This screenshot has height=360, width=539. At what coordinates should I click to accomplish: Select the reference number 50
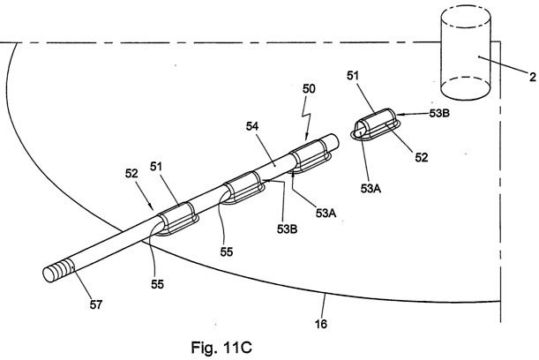pos(310,90)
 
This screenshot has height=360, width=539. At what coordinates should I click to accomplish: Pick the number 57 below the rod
pos(94,305)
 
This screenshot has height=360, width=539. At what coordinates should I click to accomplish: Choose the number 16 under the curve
pos(320,325)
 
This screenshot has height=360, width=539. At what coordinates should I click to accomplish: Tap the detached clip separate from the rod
pos(376,126)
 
